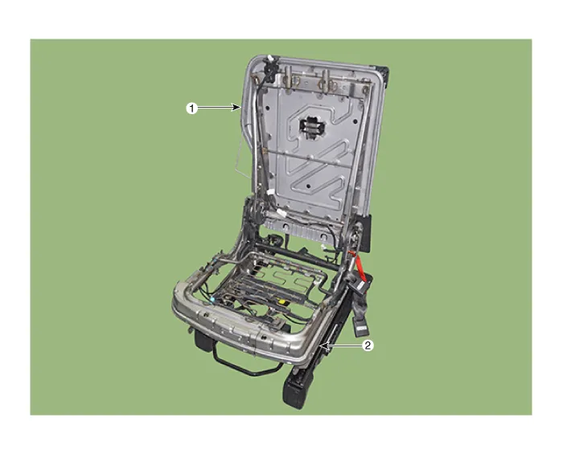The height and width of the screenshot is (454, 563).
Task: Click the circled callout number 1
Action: [191, 108]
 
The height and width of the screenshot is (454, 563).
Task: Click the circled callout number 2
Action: [368, 346]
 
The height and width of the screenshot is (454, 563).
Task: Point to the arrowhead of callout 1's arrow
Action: [237, 107]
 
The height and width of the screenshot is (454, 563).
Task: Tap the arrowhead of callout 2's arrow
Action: [323, 346]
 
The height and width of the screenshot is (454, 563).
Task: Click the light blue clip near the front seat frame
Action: [213, 299]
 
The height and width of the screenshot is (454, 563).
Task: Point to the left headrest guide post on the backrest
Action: [289, 77]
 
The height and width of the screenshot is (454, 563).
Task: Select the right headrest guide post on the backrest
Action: [325, 80]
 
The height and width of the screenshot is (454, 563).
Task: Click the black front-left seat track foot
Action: [203, 340]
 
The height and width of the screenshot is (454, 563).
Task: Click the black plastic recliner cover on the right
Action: [366, 231]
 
